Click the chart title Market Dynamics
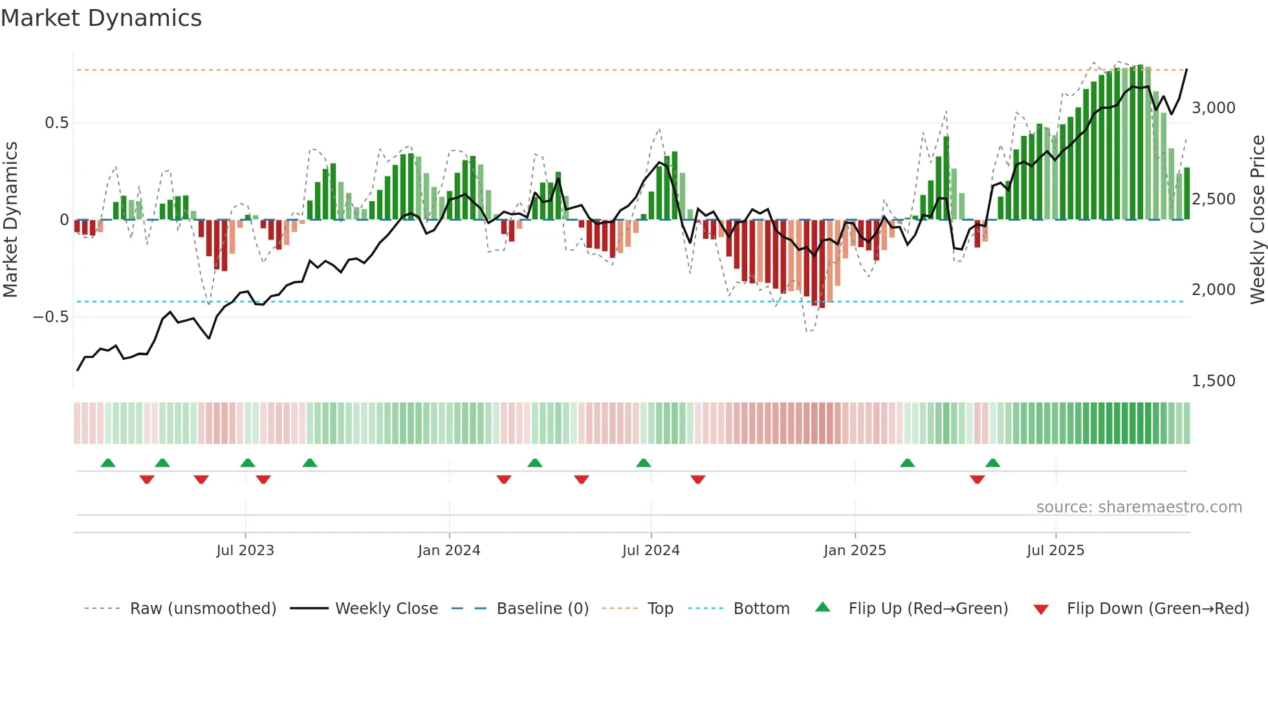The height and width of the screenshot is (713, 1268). point(101,18)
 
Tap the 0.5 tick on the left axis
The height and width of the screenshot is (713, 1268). point(56,123)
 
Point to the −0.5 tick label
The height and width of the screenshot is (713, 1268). point(50,317)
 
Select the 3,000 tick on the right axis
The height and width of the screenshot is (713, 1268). point(1213,108)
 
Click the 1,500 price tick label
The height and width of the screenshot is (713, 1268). point(1213,381)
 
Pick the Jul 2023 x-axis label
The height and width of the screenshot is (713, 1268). point(245,551)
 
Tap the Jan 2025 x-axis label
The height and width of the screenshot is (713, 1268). point(855,551)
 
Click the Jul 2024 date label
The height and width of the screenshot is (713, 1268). point(651,551)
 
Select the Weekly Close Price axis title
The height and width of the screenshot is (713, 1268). point(1257,220)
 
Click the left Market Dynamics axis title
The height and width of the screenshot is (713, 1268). point(10,220)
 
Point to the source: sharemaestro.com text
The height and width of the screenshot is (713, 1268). point(1139,507)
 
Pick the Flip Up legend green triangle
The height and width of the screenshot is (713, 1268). point(822,607)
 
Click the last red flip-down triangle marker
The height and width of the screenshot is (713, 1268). point(977,479)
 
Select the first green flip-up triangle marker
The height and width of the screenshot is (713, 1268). point(108,463)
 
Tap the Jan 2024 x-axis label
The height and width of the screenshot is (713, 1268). point(449,551)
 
